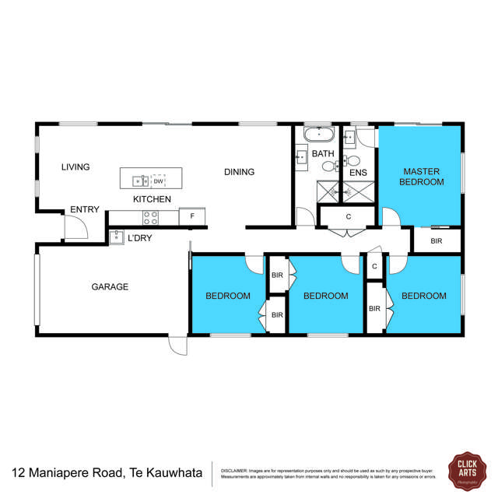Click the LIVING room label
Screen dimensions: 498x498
click(x=76, y=167)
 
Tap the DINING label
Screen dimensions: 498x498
click(x=240, y=172)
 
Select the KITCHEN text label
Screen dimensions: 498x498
click(x=152, y=199)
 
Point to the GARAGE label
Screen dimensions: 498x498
click(x=110, y=286)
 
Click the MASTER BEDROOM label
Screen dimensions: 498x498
click(x=421, y=177)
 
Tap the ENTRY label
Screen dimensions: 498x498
click(x=84, y=210)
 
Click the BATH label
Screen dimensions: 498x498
click(x=323, y=154)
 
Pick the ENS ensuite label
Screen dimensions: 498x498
click(x=358, y=173)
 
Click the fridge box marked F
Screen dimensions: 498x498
click(x=191, y=216)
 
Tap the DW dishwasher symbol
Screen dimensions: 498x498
click(x=158, y=181)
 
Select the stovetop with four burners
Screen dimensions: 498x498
click(x=150, y=217)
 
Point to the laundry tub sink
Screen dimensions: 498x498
click(x=117, y=237)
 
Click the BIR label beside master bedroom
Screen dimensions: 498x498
click(x=437, y=241)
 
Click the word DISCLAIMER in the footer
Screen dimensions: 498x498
click(x=235, y=470)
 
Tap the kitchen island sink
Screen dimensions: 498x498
click(x=140, y=181)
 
